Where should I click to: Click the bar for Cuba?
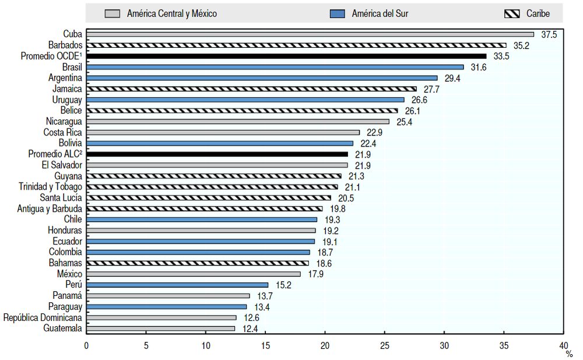309,34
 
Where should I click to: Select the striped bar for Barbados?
296,45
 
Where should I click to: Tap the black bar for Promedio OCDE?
286,56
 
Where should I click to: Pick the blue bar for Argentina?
261,78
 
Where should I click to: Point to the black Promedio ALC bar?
217,154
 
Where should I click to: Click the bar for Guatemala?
160,328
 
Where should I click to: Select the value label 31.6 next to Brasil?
478,67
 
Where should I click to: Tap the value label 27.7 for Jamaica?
431,89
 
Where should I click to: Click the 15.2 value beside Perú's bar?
282,285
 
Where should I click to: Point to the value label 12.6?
251,318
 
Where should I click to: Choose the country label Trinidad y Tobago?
51,187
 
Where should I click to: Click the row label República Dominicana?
43,318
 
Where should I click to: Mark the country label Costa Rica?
62,132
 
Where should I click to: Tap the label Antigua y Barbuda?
50,208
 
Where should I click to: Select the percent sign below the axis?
568,353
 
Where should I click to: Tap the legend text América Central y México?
171,13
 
